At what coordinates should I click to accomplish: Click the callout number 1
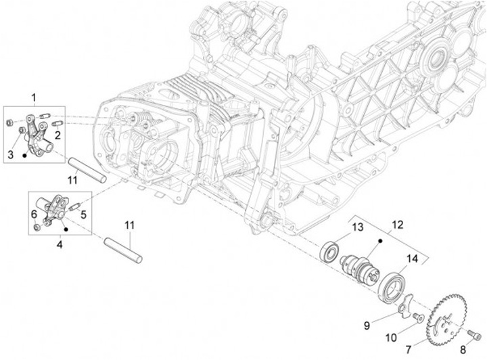pos(33,99)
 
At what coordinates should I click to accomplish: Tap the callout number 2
pos(58,135)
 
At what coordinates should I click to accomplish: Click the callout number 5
pos(84,215)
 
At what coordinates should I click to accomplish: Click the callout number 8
pos(463,349)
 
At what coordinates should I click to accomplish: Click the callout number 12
pos(397,224)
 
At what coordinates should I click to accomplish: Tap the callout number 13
pos(357,226)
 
